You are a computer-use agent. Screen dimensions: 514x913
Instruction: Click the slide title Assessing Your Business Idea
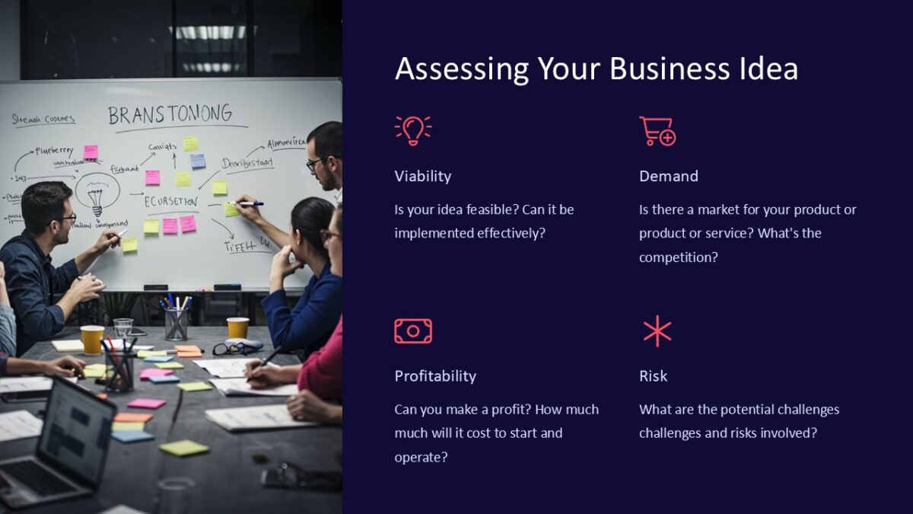click(x=596, y=69)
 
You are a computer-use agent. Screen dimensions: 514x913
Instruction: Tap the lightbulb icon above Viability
click(x=412, y=130)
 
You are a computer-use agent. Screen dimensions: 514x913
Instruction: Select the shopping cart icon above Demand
click(x=657, y=131)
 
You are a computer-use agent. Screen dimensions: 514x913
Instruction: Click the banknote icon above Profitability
click(x=412, y=331)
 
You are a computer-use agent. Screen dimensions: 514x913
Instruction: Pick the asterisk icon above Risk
click(x=657, y=331)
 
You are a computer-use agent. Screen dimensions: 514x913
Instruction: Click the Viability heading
click(x=422, y=176)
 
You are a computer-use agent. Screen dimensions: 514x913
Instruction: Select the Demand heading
click(x=668, y=176)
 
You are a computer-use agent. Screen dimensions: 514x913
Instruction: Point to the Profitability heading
click(x=434, y=376)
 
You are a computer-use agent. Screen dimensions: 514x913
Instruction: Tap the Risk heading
click(x=653, y=376)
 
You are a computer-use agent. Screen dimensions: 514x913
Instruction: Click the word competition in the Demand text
click(x=678, y=257)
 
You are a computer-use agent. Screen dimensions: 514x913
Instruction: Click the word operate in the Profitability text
click(x=420, y=458)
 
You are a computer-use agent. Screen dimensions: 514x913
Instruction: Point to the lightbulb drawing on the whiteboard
click(x=96, y=193)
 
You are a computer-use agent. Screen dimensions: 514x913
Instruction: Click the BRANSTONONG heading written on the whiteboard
click(x=170, y=115)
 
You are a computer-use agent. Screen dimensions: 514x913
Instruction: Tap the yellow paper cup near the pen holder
click(x=237, y=327)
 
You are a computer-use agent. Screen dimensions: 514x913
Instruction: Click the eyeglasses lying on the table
click(x=232, y=348)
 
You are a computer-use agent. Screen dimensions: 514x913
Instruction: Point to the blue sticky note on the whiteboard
click(x=198, y=161)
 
